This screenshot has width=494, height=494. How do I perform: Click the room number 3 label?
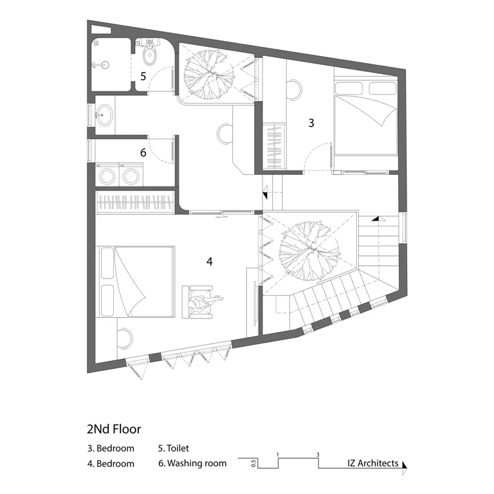pos(311,123)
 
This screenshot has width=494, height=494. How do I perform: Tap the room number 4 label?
pos(210,261)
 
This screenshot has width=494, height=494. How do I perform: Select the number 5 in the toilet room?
pos(143,77)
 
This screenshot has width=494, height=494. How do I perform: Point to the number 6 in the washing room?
pos(143,152)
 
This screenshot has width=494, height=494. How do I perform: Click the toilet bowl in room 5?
pos(149,55)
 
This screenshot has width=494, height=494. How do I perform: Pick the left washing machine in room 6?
pos(107,175)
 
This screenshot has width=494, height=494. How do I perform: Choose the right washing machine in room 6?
pos(131,175)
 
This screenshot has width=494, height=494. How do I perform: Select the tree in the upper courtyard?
pos(209,75)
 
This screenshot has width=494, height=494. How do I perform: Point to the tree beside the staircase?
pos(309,251)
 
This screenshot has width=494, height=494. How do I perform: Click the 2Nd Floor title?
pos(114,429)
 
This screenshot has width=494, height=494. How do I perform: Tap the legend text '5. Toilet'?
pos(174,448)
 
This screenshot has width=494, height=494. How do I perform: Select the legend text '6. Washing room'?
pos(192,463)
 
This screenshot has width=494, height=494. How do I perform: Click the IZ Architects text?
pos(373,463)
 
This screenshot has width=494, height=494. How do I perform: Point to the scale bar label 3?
pos(318,455)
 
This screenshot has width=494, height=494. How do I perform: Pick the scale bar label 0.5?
pos(254,463)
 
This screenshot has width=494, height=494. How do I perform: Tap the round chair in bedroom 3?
pos(294,89)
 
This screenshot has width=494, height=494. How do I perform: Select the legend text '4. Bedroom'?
pos(111,464)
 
